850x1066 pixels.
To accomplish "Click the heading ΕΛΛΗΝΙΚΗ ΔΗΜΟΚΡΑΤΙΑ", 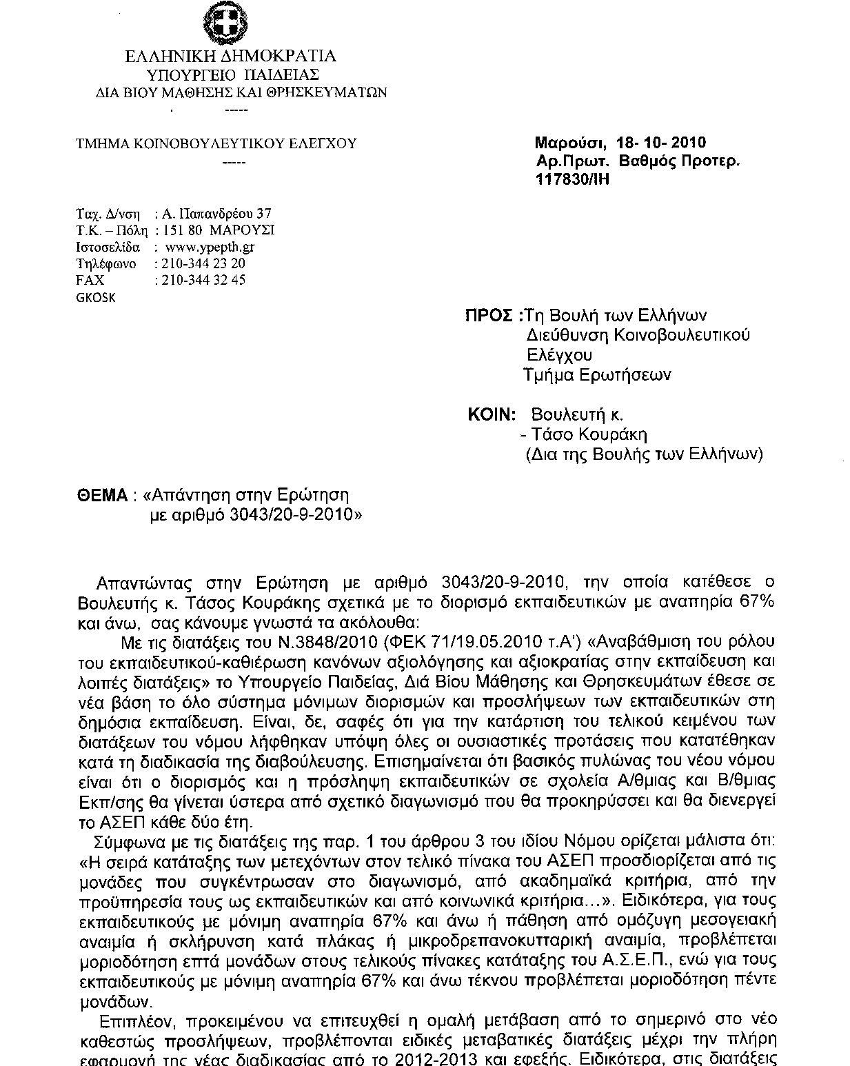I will pos(232,57).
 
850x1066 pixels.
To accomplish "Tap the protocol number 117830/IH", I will pos(573,179).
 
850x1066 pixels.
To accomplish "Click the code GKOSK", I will pos(95,298).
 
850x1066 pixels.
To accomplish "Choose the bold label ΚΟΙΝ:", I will pos(492,415).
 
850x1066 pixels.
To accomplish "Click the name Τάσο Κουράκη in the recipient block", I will pos(591,434).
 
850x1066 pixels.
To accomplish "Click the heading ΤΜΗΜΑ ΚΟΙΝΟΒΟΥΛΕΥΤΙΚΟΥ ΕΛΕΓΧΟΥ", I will pos(216,143).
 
